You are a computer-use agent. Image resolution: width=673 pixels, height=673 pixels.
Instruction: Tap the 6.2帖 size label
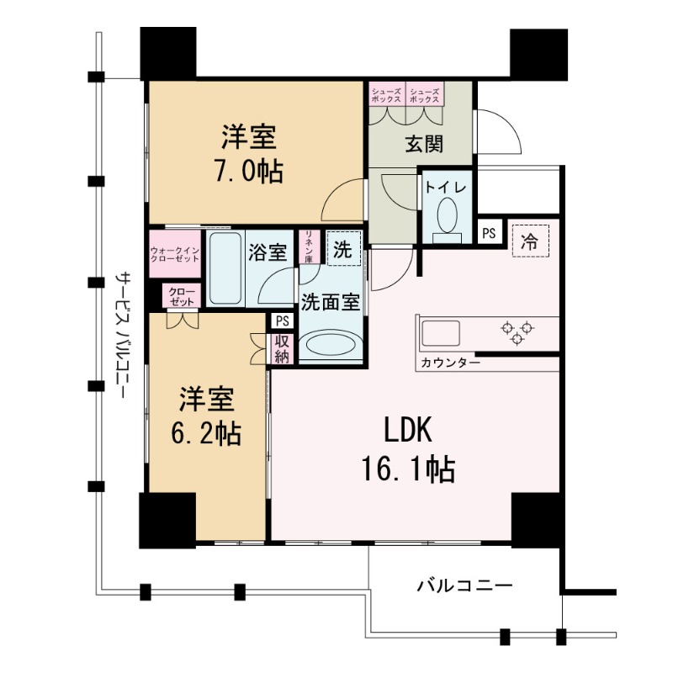pyautogui.click(x=207, y=433)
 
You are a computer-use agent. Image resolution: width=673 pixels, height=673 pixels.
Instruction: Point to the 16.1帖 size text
pyautogui.click(x=410, y=469)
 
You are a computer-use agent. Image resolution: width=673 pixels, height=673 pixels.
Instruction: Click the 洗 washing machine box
pyautogui.click(x=342, y=249)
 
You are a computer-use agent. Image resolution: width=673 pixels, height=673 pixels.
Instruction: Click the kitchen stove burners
pyautogui.click(x=517, y=332)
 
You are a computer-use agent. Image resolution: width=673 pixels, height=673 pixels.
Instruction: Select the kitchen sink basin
pyautogui.click(x=441, y=332)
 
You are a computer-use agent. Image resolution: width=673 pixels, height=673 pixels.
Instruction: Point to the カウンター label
pyautogui.click(x=448, y=363)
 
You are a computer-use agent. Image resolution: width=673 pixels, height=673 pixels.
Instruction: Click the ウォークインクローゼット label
pyautogui.click(x=175, y=254)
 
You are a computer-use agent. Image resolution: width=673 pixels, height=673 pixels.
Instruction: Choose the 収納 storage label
pyautogui.click(x=281, y=349)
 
